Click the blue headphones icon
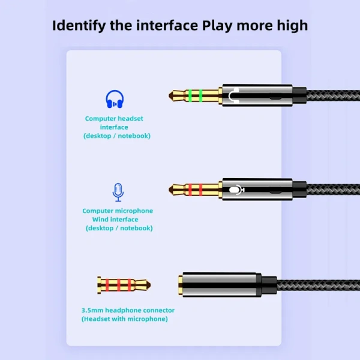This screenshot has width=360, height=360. (115, 99)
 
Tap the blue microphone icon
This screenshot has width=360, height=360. (118, 192)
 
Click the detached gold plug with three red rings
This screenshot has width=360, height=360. (123, 284)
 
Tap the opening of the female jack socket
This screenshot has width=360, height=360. (180, 284)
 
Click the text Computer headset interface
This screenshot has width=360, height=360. (114, 122)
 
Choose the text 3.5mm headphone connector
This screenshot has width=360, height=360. (128, 310)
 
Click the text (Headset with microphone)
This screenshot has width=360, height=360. (125, 319)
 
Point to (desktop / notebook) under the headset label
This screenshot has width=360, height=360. (117, 136)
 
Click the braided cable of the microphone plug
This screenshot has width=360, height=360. (330, 190)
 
